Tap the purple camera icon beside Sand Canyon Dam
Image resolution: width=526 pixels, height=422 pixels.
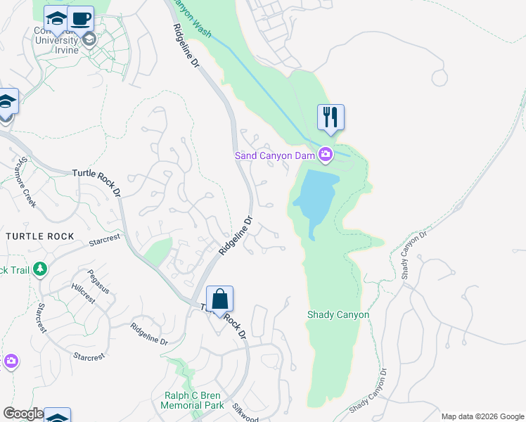pos(326,154)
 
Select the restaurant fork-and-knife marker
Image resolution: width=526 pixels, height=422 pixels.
pos(331,117)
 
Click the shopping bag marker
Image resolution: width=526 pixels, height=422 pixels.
pos(219,299)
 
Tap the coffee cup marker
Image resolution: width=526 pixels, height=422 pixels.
pos(81,18)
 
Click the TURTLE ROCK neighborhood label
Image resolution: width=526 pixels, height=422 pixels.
pos(40,236)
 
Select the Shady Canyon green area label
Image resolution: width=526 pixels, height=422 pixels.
pos(338,314)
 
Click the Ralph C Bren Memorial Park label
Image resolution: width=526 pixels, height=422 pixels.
pos(192,399)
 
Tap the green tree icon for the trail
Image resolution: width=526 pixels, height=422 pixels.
pos(40,269)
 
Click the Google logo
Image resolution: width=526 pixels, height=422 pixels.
pos(23,414)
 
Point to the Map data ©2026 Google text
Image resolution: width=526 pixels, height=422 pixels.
pos(482,416)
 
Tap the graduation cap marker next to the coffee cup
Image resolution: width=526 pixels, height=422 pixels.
pos(56,19)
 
